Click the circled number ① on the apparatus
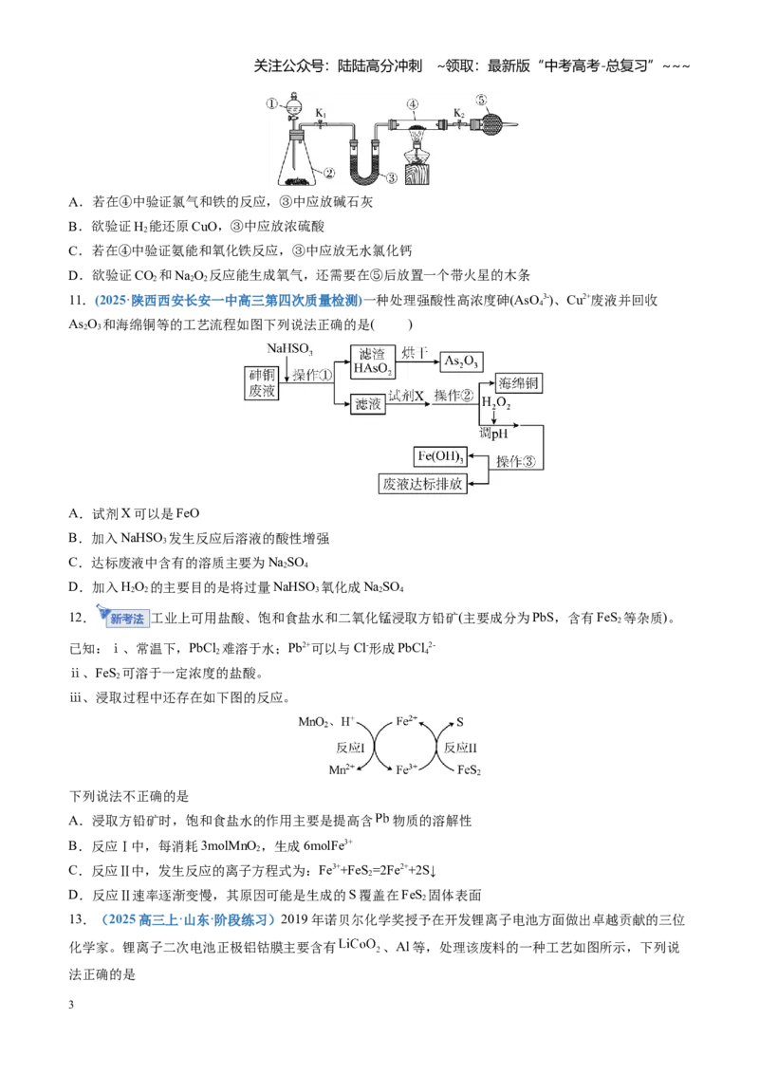click(272, 104)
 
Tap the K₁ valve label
click(321, 113)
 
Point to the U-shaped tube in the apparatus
click(363, 162)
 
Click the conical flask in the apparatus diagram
click(298, 159)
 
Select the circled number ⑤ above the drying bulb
click(482, 100)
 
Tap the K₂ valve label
click(459, 113)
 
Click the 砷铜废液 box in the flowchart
click(262, 383)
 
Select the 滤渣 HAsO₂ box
click(373, 361)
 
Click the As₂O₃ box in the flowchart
click(461, 361)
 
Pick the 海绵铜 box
click(519, 383)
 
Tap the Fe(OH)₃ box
click(440, 456)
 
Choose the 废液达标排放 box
click(422, 484)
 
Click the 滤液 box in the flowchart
click(368, 404)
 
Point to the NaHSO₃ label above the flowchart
click(289, 348)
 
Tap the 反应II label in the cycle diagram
click(460, 748)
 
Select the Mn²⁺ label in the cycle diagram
click(342, 769)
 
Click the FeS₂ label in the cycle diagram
click(469, 769)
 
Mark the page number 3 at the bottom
click(71, 1005)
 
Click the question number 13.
click(78, 919)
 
